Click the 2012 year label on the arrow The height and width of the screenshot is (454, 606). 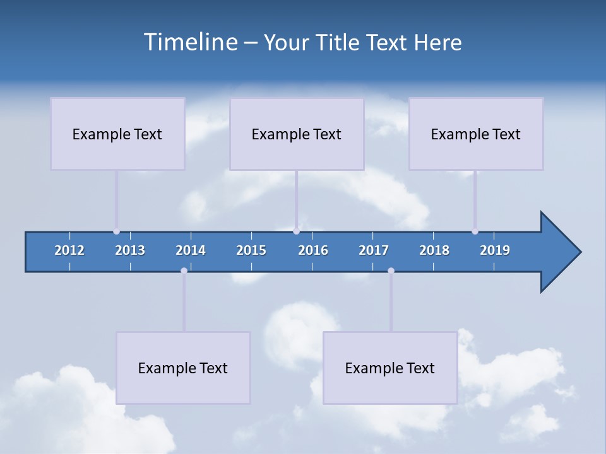tap(69, 250)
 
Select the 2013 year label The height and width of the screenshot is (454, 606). tap(130, 250)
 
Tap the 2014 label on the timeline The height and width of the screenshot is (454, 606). tap(191, 250)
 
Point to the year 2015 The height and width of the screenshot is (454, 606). tap(251, 250)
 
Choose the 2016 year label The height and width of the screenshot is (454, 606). tap(313, 250)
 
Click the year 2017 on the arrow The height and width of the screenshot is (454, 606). tap(374, 250)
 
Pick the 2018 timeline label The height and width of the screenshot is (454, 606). tap(434, 250)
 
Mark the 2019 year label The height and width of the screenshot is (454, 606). tap(495, 250)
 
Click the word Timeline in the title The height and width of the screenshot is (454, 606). tap(190, 42)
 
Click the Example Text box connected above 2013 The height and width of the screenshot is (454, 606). tap(117, 134)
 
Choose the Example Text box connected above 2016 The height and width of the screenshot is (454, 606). tap(297, 134)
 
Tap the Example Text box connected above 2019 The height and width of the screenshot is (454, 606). tap(476, 134)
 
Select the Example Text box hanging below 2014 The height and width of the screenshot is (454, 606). tap(183, 368)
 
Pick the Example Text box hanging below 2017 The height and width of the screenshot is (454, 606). tap(390, 368)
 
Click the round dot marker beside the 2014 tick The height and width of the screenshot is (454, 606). tap(184, 271)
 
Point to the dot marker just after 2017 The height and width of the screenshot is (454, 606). tap(391, 271)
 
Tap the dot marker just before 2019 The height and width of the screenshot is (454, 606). tap(475, 231)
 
